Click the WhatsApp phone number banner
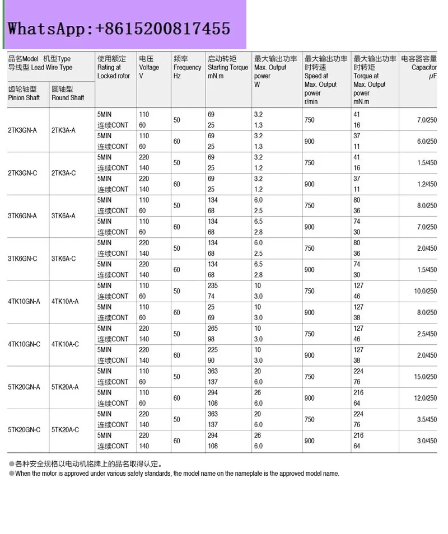(x=119, y=28)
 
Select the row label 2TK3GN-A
(x=23, y=130)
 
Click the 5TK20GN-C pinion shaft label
(x=24, y=430)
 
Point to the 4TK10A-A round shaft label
(x=65, y=301)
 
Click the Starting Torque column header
(x=227, y=67)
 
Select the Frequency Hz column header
(x=187, y=67)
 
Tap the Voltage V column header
(x=149, y=67)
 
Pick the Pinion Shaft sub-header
(x=24, y=93)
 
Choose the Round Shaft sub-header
(x=67, y=93)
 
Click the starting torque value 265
(x=213, y=329)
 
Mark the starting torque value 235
(x=213, y=285)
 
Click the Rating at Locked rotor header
(x=114, y=67)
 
